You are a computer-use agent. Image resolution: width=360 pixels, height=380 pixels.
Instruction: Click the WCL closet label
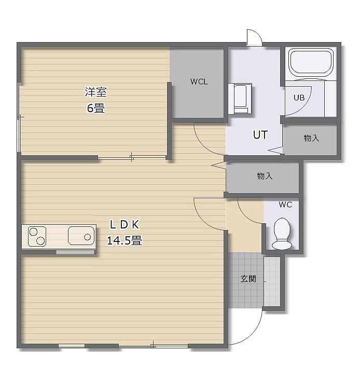[x=199, y=82]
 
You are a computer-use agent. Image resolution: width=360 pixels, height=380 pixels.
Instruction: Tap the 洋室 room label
[x=96, y=92]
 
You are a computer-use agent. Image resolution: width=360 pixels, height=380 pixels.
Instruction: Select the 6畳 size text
[x=96, y=108]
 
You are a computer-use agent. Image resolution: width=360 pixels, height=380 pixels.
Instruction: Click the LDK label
[x=124, y=225]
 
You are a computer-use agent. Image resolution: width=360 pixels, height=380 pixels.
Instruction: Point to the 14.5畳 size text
[x=124, y=241]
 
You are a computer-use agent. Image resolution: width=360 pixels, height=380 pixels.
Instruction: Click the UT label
[x=260, y=135]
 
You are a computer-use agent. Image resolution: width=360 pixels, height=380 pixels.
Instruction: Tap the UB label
[x=299, y=98]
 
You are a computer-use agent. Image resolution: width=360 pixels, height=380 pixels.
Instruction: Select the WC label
[x=285, y=205]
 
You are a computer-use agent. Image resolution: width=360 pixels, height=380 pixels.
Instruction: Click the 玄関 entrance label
[x=248, y=279]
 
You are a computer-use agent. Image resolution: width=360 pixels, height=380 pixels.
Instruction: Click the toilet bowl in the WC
[x=282, y=234]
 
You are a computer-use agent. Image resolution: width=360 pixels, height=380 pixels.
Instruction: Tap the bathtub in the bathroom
[x=311, y=63]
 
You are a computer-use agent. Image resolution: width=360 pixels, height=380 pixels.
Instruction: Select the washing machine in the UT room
[x=240, y=99]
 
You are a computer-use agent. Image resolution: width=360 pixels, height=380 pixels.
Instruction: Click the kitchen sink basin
[x=81, y=236]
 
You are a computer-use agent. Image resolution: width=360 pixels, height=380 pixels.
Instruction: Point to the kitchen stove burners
[x=37, y=236]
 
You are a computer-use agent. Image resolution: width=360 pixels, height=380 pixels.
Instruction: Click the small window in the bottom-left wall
[x=72, y=346]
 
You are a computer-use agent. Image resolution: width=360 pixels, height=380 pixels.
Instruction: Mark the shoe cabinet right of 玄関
[x=272, y=281]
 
